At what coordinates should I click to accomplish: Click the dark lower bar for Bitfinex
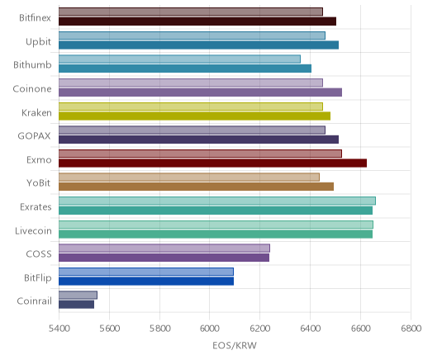[x=197, y=21]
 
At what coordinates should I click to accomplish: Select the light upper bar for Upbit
[x=192, y=36]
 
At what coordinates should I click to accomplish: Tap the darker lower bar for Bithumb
[x=185, y=69]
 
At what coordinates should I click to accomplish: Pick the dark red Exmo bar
[x=212, y=163]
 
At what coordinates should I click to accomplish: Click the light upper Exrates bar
[x=217, y=201]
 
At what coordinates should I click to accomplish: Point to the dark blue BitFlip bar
[x=146, y=282]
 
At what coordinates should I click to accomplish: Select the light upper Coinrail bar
[x=78, y=296]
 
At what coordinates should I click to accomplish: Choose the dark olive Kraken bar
[x=194, y=116]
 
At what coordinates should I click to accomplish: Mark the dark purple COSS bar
[x=164, y=258]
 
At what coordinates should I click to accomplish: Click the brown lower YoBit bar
[x=196, y=187]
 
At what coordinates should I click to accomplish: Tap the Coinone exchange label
[x=32, y=89]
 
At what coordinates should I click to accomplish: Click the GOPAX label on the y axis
[x=34, y=136]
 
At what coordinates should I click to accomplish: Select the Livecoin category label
[x=33, y=230]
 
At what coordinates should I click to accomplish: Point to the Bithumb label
[x=32, y=65]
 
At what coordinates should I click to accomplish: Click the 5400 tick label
[x=59, y=329]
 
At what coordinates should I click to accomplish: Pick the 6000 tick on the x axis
[x=210, y=329]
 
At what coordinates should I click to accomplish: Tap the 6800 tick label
[x=411, y=329]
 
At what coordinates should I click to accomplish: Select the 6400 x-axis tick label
[x=311, y=329]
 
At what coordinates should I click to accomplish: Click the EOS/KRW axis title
[x=235, y=345]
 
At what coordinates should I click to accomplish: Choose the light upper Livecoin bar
[x=216, y=225]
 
